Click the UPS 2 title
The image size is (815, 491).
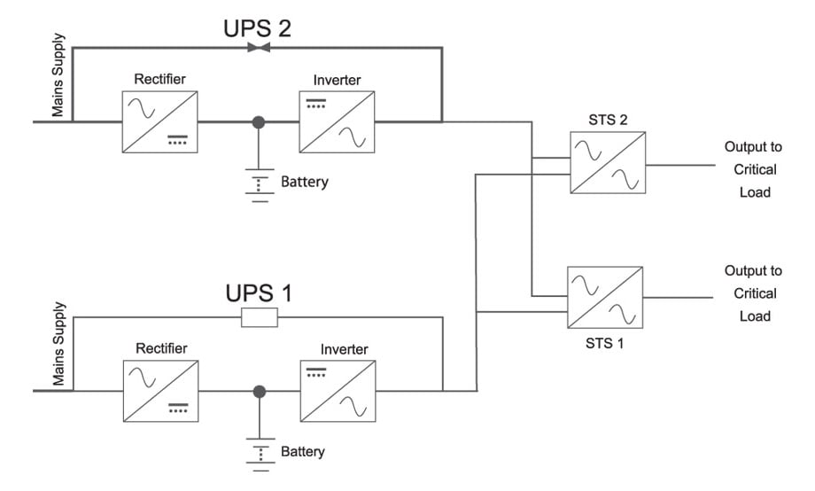(x=256, y=28)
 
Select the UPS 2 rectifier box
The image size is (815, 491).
(x=159, y=121)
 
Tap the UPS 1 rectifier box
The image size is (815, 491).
(x=160, y=390)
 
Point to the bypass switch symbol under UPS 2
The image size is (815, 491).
(x=258, y=47)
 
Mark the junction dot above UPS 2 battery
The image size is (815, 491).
(x=259, y=121)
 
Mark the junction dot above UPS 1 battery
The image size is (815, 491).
(x=259, y=390)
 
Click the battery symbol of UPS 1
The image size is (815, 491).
(x=259, y=453)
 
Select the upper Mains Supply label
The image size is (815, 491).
(x=58, y=85)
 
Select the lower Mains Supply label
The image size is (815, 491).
(x=58, y=352)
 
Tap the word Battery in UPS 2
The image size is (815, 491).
(x=304, y=183)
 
